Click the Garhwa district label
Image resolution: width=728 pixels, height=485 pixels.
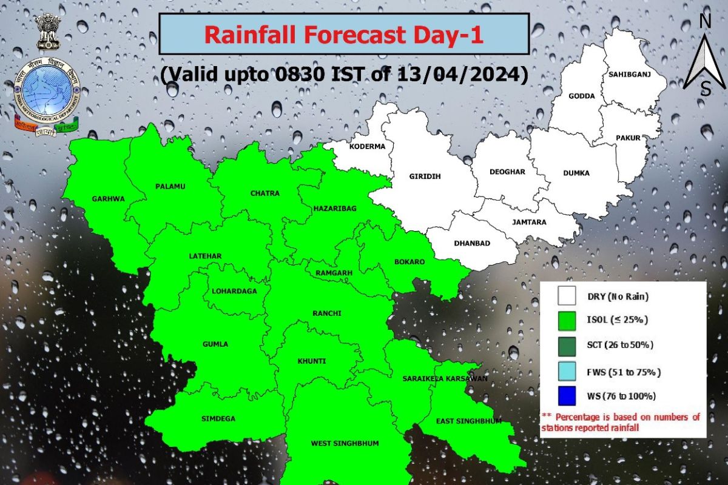coord(108,198)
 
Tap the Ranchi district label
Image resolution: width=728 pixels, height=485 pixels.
coord(327,313)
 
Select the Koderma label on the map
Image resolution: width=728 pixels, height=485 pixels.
coord(367,147)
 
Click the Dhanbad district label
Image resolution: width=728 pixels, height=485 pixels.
coord(471,244)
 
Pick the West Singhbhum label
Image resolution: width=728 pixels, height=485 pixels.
coord(345,443)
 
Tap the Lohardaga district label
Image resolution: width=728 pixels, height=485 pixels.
coord(234,291)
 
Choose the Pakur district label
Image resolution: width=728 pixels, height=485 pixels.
coord(628,138)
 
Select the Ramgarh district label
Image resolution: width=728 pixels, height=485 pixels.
coord(334,273)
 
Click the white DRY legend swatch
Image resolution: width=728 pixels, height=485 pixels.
coord(567,296)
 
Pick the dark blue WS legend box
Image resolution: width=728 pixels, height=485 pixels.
coord(567,396)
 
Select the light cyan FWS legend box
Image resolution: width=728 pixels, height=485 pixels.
coord(567,371)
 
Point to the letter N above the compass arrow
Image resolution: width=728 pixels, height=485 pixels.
coord(705,21)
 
